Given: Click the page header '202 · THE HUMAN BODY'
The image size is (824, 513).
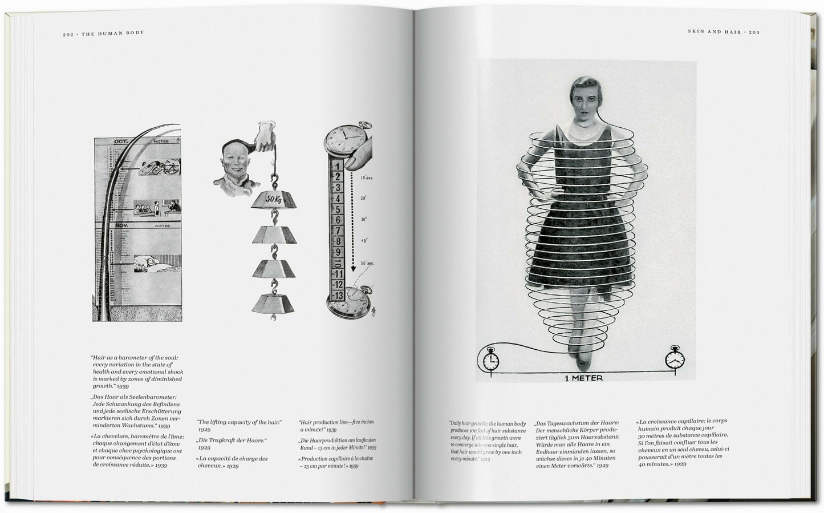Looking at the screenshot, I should tap(103, 33).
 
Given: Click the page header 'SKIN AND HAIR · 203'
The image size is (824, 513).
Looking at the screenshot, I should tap(723, 33).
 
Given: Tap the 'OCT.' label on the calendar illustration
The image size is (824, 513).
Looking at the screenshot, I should tap(120, 142).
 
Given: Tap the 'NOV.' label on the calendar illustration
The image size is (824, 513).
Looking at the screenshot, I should tap(121, 225).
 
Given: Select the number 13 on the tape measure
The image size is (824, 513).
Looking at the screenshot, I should tap(338, 295).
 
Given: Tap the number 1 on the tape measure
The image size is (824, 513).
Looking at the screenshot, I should tap(338, 167).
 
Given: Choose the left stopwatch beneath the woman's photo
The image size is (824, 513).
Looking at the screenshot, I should tap(490, 361).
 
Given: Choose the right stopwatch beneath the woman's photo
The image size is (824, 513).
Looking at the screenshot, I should tap(675, 361).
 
